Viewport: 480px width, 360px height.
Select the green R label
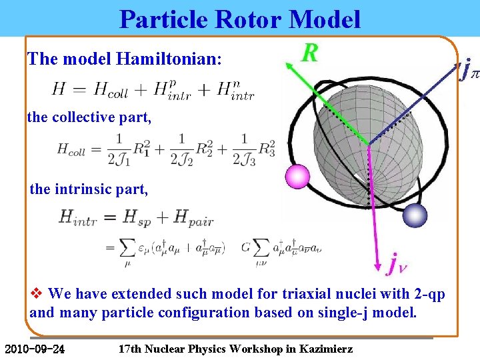309,53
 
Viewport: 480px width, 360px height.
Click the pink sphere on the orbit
297,177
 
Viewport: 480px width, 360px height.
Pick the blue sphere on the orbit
415,215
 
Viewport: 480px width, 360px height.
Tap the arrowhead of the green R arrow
289,65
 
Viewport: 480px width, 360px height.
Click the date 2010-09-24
35,349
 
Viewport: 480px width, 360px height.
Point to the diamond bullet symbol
37,293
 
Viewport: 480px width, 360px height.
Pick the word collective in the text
87,117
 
